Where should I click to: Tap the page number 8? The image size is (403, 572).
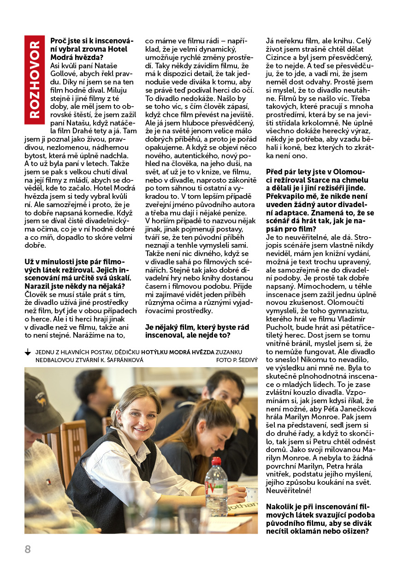(28, 549)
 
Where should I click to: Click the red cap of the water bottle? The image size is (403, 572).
(216, 461)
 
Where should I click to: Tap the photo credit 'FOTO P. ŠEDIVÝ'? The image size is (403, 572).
(237, 360)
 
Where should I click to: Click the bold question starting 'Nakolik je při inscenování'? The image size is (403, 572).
(320, 519)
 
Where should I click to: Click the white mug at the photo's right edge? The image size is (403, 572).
(252, 494)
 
